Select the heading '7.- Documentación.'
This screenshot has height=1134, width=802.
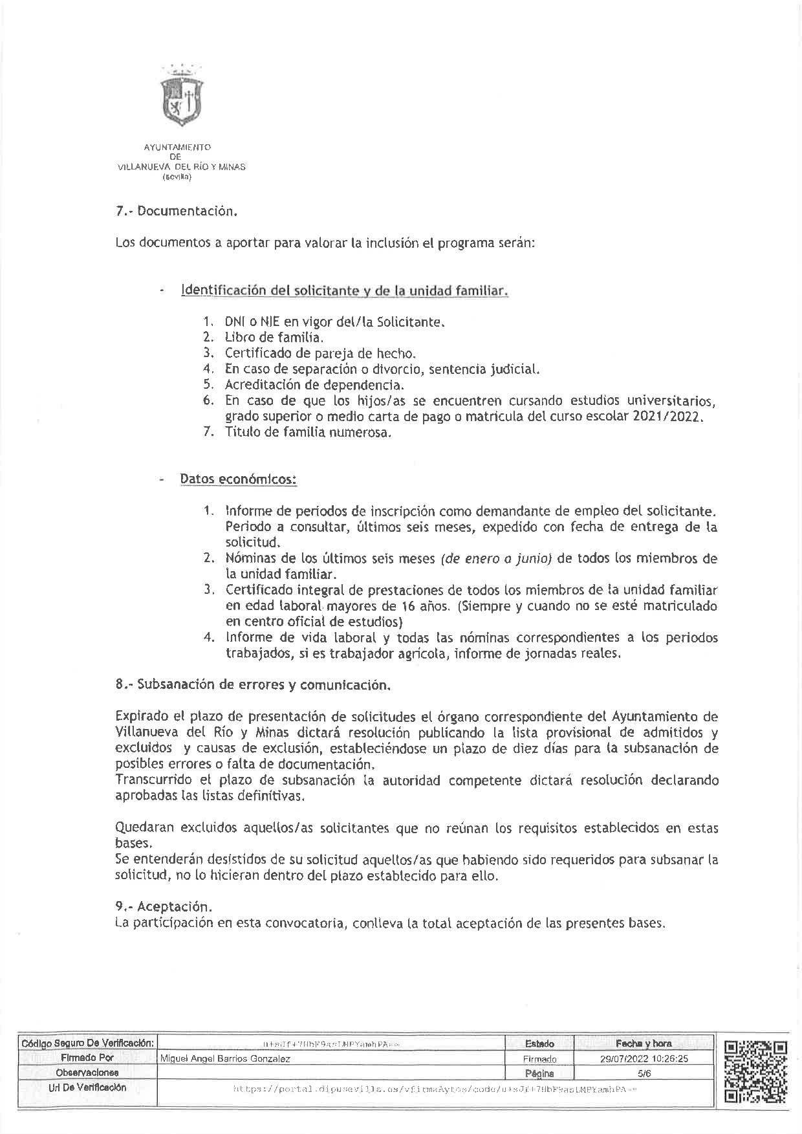pyautogui.click(x=173, y=212)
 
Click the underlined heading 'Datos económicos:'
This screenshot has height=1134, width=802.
pyautogui.click(x=238, y=479)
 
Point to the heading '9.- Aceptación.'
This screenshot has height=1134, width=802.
pyautogui.click(x=164, y=907)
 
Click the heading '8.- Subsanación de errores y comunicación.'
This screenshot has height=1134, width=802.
pyautogui.click(x=253, y=684)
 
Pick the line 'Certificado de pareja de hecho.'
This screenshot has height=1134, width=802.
pyautogui.click(x=320, y=353)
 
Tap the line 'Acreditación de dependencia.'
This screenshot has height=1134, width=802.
pyautogui.click(x=314, y=385)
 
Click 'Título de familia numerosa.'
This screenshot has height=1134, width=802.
pyautogui.click(x=308, y=433)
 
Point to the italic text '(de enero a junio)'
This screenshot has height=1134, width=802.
pyautogui.click(x=495, y=558)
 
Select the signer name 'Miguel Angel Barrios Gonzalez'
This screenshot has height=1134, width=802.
pyautogui.click(x=225, y=1059)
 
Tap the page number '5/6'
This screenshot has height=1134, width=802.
pyautogui.click(x=644, y=1073)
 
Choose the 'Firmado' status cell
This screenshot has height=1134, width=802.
pyautogui.click(x=539, y=1059)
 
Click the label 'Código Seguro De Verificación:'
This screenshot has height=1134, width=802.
pyautogui.click(x=88, y=1043)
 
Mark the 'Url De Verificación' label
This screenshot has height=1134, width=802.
pyautogui.click(x=88, y=1087)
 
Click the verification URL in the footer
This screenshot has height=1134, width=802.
pyautogui.click(x=435, y=1089)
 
